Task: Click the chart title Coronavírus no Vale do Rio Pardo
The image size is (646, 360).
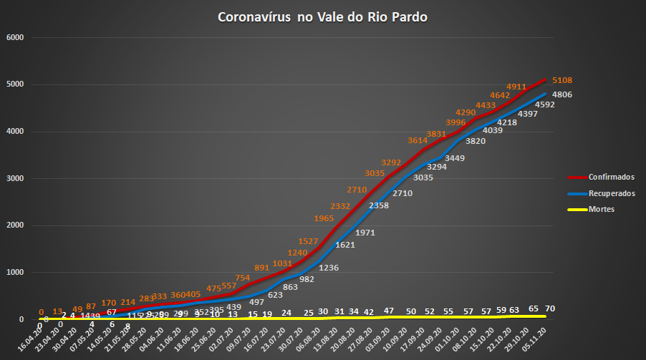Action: pos(322,16)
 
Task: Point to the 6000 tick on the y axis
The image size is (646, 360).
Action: pos(15,37)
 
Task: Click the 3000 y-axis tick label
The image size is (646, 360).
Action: pos(15,179)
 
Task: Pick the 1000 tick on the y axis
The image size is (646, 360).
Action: pos(15,273)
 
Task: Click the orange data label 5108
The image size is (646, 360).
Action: pos(561,80)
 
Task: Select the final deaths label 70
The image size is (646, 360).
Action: pos(550,308)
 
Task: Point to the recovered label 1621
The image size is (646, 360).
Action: pos(345,245)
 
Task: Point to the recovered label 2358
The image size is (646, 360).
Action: pos(379,205)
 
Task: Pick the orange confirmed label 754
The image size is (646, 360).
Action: pos(244,278)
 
